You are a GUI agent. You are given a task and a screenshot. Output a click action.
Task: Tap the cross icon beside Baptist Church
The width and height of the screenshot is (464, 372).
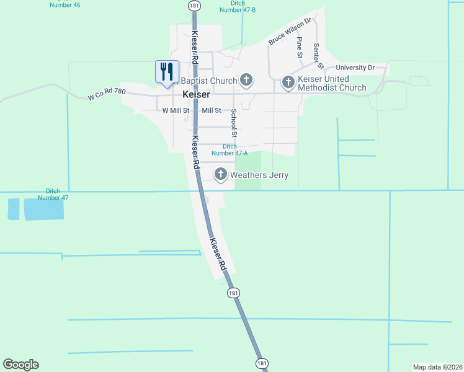[246, 80]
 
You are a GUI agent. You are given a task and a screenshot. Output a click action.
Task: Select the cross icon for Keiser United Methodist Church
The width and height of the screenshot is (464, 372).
[288, 82]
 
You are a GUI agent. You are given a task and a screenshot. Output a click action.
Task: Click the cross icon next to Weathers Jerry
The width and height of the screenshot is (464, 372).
[221, 175]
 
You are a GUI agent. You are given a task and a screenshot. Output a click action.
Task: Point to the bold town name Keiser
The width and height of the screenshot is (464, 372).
[196, 95]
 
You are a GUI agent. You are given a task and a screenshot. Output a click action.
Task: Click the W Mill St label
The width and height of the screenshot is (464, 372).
[176, 110]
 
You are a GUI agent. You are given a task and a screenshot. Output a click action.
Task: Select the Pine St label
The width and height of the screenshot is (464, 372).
[299, 47]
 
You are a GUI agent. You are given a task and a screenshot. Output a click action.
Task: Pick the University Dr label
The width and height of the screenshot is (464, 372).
[355, 67]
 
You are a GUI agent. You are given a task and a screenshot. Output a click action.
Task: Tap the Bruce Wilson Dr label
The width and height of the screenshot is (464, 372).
[289, 32]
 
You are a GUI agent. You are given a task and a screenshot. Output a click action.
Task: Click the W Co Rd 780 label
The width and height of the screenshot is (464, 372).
[107, 94]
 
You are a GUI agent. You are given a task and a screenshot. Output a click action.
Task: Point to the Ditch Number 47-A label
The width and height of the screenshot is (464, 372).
[230, 149]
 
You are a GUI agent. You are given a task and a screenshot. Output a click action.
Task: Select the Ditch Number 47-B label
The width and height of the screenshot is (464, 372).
[238, 6]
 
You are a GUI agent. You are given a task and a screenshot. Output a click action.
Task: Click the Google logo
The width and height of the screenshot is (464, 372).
[20, 365]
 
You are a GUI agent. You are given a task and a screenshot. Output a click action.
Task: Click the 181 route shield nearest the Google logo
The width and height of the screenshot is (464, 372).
[262, 363]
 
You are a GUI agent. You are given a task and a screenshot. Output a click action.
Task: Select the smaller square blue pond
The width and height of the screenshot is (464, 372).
[13, 210]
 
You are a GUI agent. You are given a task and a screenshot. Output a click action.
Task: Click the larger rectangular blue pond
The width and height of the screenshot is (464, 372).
[43, 210]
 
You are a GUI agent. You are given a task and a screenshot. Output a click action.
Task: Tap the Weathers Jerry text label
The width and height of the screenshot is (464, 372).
[259, 175]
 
